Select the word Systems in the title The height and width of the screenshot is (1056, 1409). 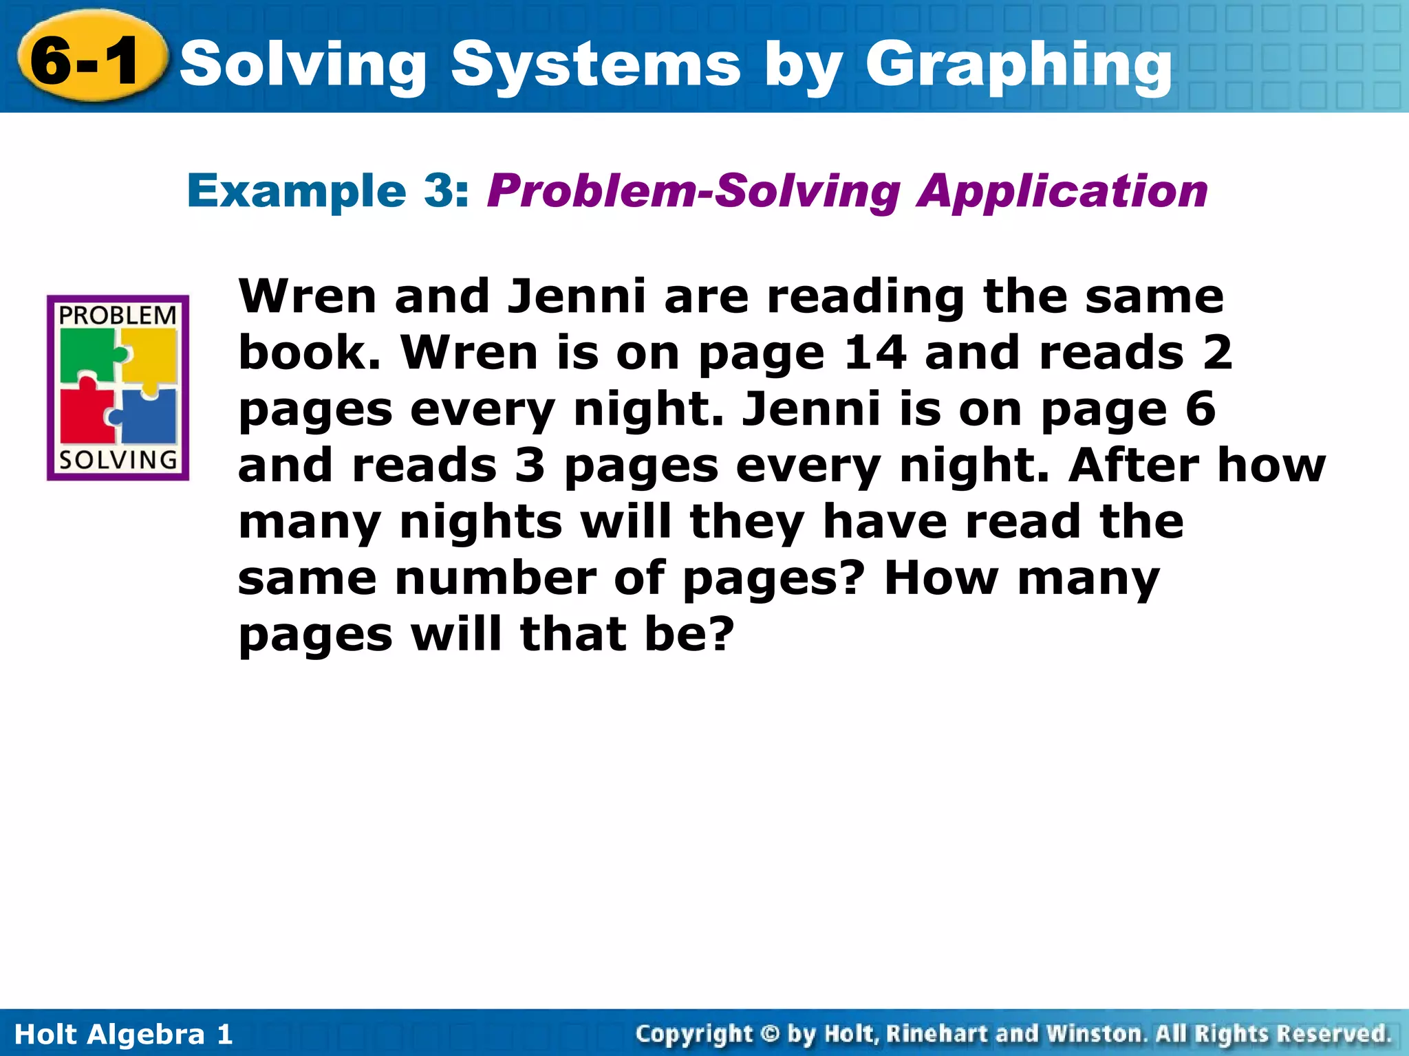point(596,66)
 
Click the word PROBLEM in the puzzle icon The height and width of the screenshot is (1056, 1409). point(118,316)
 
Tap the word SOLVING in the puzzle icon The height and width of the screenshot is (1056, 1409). point(118,460)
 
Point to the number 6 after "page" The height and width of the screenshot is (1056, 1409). point(1201,409)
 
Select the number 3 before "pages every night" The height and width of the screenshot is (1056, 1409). point(530,465)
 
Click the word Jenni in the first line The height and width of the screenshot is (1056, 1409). point(577,296)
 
